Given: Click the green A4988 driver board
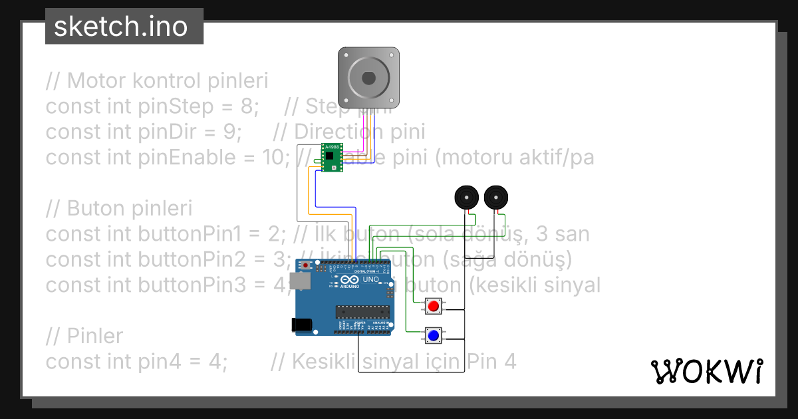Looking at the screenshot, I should tap(332, 158).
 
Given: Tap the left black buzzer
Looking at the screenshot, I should tap(467, 198).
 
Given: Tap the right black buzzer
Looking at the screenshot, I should tap(497, 198).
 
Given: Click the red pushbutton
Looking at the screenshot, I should tap(434, 307).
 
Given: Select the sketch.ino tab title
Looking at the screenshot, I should tap(120, 27).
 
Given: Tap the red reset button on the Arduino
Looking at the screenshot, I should tap(305, 266).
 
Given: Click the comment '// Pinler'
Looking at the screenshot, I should tap(84, 337).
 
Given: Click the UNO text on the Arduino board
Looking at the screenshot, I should tap(370, 280).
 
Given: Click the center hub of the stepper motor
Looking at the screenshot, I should tap(369, 78).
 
